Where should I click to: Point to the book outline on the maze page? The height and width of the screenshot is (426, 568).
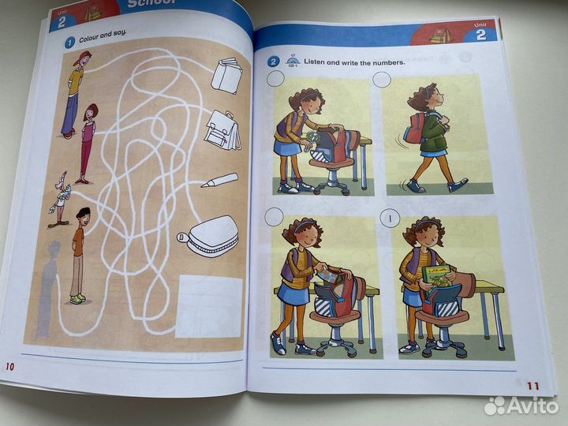(227, 76)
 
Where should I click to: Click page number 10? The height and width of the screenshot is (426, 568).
(9, 365)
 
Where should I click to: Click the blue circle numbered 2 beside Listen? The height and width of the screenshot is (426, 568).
(273, 62)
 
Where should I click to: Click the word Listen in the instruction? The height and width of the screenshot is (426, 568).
(319, 62)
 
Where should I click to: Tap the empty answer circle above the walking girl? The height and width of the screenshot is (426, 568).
(383, 80)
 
